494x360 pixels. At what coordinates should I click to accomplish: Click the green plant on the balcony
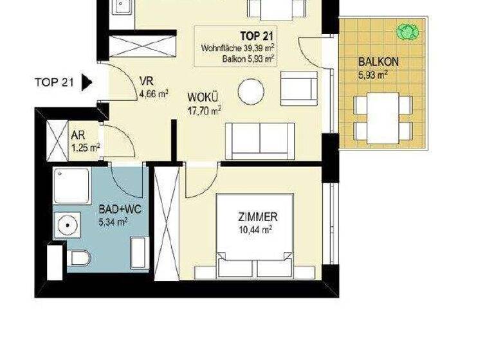coord(406,31)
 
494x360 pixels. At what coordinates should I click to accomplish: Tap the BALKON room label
coord(379,63)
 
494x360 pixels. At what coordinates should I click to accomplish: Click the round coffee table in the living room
coord(251,92)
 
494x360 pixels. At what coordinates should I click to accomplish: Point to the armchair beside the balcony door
coord(298,88)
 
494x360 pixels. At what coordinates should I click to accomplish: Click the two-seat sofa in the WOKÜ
coord(259,139)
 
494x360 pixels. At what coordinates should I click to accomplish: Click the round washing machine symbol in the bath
coord(67,225)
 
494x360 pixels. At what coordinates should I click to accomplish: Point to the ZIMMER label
coord(256,217)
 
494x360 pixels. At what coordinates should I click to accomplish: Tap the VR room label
coord(145,82)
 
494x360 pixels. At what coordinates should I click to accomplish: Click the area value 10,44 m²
coord(255,228)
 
